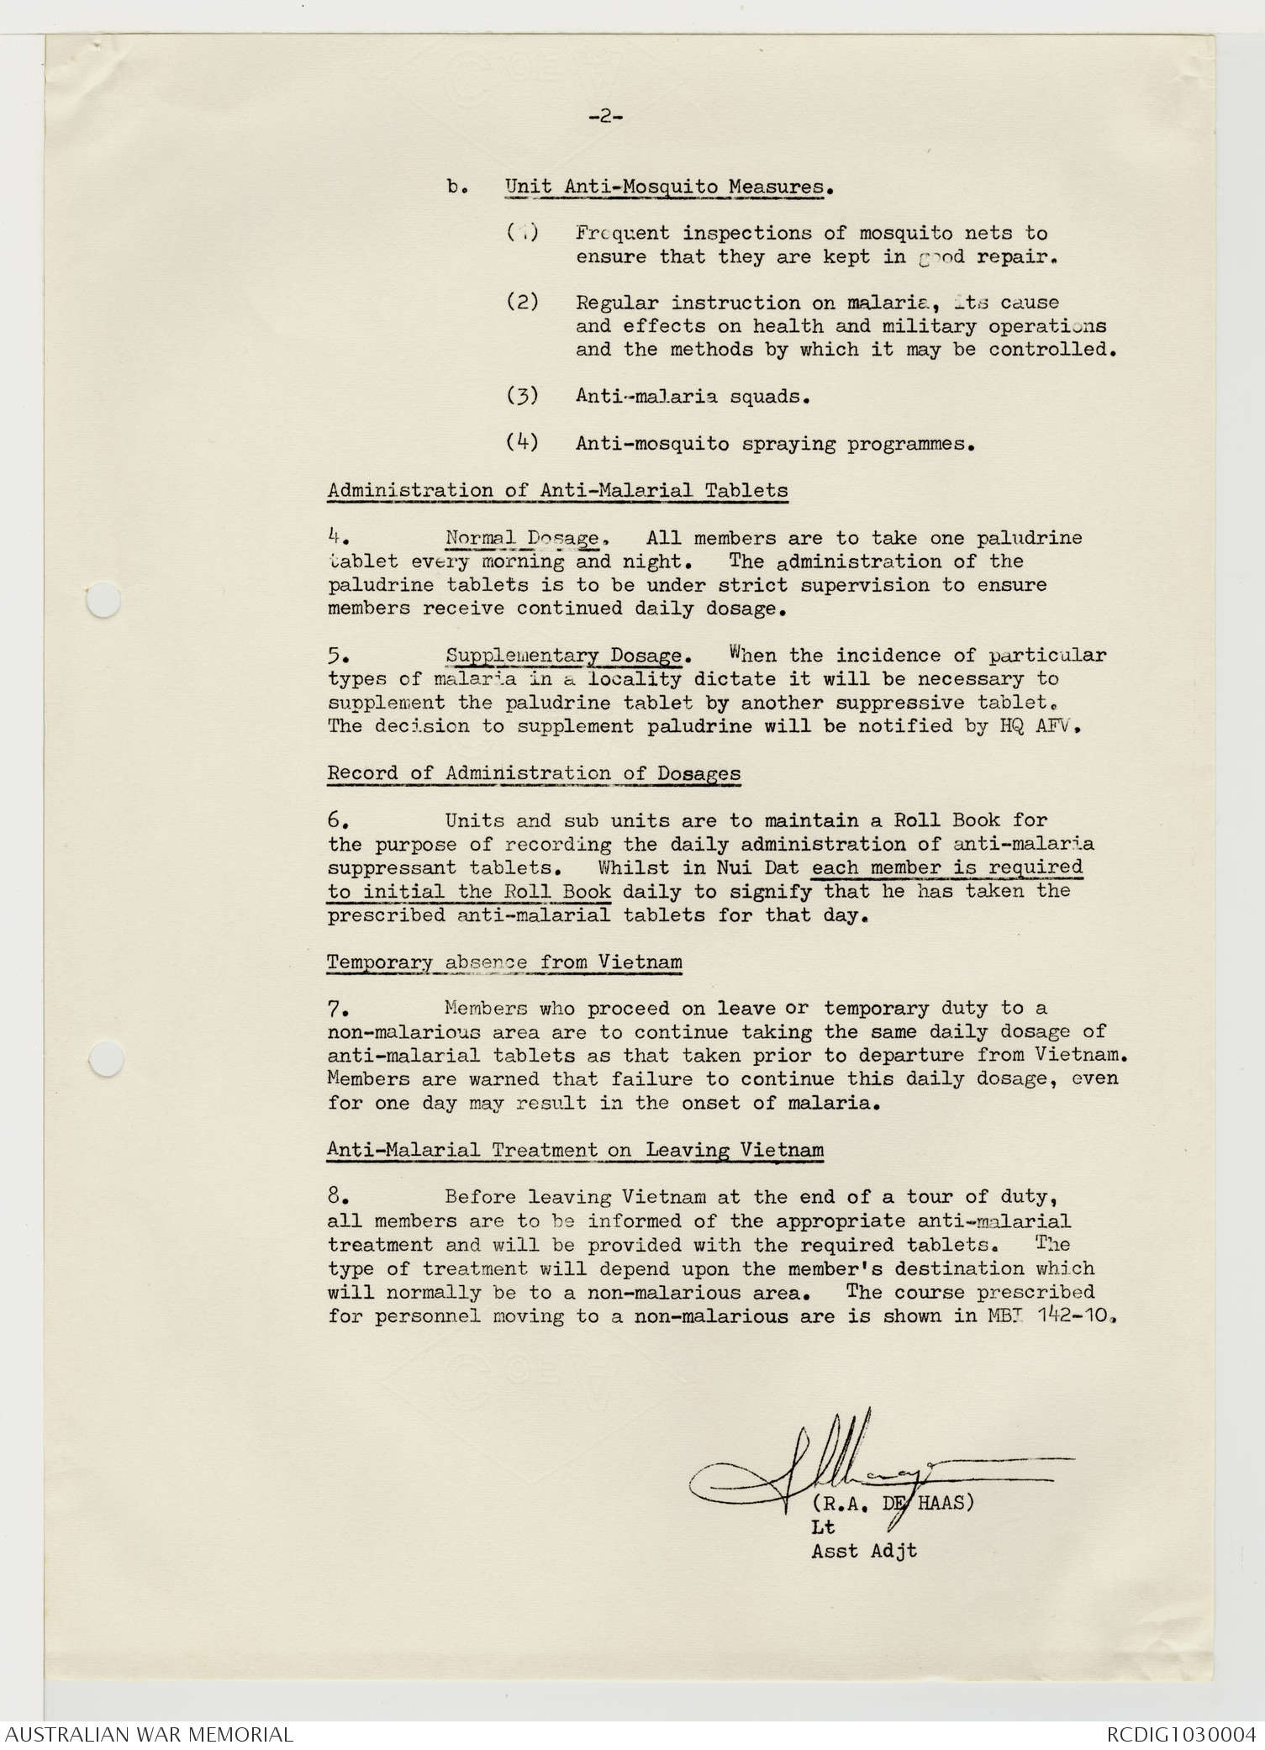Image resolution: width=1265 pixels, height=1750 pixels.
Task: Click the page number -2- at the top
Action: (605, 117)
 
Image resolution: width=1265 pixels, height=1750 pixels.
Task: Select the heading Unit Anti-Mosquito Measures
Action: (667, 187)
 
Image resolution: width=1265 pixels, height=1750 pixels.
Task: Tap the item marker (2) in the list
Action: (523, 302)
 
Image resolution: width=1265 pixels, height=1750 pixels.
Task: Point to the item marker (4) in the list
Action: (523, 442)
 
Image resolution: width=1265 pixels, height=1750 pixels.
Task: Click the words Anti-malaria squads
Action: (693, 396)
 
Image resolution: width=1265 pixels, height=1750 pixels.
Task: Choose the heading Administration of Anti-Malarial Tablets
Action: (557, 490)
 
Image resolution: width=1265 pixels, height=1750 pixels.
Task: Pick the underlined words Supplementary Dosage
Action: (563, 656)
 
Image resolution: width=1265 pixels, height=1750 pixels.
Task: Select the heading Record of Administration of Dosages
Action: (534, 773)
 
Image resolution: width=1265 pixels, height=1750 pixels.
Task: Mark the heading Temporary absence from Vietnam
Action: (504, 962)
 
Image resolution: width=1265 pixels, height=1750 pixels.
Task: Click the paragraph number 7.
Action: (334, 1009)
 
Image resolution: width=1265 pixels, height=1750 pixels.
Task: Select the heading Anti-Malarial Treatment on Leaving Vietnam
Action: (575, 1150)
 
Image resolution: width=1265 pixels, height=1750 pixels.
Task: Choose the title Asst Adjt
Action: (864, 1552)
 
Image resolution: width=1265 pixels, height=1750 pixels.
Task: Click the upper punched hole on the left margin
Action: (103, 602)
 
